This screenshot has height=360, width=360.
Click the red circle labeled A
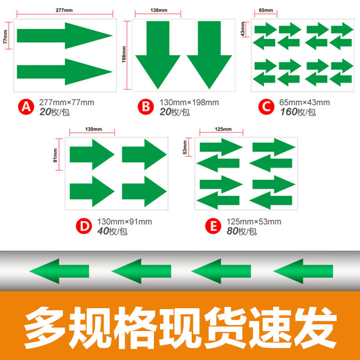[x=26, y=107]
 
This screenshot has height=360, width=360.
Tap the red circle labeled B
[x=145, y=107]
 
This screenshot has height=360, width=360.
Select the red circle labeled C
[x=266, y=107]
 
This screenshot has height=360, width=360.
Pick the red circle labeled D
[x=84, y=225]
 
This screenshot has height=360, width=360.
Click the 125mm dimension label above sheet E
[x=223, y=129]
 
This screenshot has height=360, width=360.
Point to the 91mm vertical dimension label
[x=55, y=155]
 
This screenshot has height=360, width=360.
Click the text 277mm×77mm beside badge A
[x=67, y=103]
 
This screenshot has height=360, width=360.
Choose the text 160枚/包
[x=298, y=112]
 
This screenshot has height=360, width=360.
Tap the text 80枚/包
[x=242, y=231]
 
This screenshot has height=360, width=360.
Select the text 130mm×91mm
[x=125, y=221]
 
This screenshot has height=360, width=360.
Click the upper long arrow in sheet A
[x=65, y=36]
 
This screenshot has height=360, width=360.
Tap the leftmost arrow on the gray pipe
[x=59, y=271]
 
